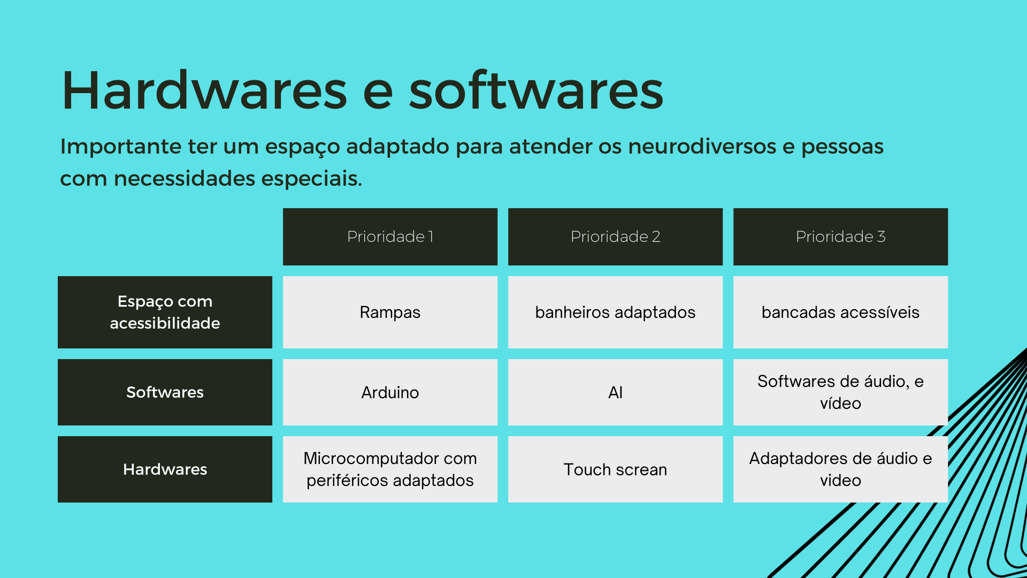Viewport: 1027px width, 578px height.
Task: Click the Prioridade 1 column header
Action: pyautogui.click(x=390, y=237)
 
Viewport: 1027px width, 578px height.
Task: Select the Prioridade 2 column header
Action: pyautogui.click(x=615, y=237)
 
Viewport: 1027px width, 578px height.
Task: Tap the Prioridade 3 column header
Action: pyautogui.click(x=840, y=237)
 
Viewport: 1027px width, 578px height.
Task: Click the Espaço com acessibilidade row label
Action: pyautogui.click(x=165, y=312)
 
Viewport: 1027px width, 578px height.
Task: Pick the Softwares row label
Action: pyautogui.click(x=165, y=392)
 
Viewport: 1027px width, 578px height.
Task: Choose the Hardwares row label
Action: pyautogui.click(x=165, y=469)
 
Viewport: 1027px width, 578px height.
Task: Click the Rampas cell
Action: pyautogui.click(x=390, y=312)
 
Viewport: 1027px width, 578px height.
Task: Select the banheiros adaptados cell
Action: pyautogui.click(x=615, y=312)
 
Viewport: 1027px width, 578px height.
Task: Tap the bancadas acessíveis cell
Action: pyautogui.click(x=840, y=312)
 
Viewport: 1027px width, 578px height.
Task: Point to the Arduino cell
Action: pyautogui.click(x=390, y=392)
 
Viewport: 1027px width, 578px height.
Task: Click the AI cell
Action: pyautogui.click(x=615, y=392)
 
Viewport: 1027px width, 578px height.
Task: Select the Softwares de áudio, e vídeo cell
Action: pyautogui.click(x=840, y=392)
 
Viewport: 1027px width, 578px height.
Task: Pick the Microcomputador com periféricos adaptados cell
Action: pyautogui.click(x=390, y=469)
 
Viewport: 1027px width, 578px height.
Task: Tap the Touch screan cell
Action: pyautogui.click(x=615, y=469)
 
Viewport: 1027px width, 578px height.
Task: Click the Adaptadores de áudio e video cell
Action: pyautogui.click(x=840, y=469)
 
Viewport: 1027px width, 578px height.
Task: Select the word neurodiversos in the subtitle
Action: pyautogui.click(x=702, y=146)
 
